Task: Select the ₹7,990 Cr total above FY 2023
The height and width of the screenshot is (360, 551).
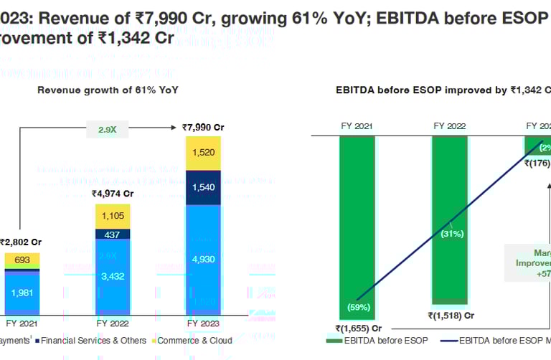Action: click(203, 127)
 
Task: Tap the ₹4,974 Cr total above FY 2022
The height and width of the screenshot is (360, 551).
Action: click(113, 194)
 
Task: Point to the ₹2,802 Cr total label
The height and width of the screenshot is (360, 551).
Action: click(20, 242)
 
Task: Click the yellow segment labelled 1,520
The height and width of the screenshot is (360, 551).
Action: click(203, 153)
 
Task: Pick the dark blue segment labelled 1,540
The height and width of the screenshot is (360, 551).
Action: click(203, 187)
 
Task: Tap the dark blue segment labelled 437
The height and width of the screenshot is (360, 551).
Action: click(113, 235)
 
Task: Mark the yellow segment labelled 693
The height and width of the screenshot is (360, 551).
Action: click(22, 258)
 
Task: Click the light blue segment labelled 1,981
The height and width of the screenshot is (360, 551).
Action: click(22, 291)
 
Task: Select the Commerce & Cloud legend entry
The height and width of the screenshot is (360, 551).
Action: click(194, 341)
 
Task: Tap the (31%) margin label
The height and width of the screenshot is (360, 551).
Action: click(451, 233)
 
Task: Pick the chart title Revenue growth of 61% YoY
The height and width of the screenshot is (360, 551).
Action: click(108, 90)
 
